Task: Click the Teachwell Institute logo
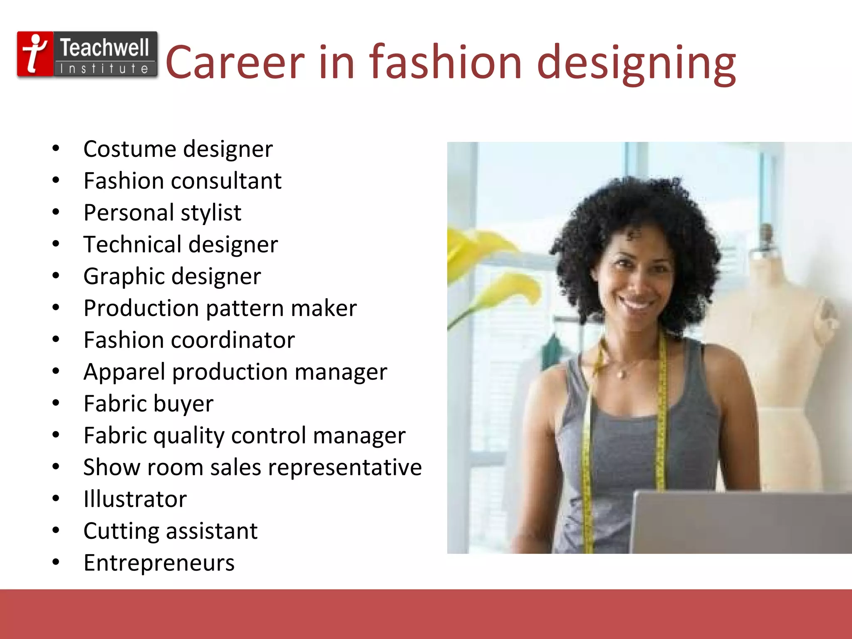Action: (x=87, y=54)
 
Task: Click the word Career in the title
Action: (x=235, y=62)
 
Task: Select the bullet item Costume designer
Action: (x=178, y=149)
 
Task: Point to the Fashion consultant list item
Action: (x=183, y=181)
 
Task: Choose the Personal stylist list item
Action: (x=162, y=213)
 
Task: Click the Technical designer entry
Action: (x=181, y=244)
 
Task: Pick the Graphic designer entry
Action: (x=172, y=276)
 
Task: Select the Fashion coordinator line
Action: (x=189, y=340)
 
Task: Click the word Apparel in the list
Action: (x=124, y=372)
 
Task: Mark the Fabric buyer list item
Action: (x=149, y=404)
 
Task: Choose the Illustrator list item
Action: (x=135, y=499)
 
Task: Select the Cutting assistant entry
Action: (x=171, y=531)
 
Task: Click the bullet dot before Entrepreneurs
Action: (x=56, y=562)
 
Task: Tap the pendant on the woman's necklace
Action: (x=622, y=375)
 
